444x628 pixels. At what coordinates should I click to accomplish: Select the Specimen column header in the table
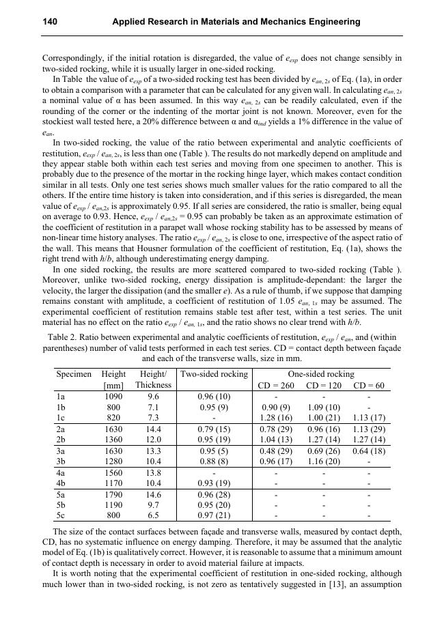74,374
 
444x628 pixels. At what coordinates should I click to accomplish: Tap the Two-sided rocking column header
214,374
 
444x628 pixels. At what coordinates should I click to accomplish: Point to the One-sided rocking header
321,374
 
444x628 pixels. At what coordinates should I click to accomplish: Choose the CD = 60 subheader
369,386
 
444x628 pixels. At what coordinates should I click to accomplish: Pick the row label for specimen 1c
61,417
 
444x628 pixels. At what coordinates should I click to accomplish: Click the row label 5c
61,515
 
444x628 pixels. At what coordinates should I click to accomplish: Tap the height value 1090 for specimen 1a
113,397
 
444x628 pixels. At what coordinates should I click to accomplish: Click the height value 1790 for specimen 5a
113,495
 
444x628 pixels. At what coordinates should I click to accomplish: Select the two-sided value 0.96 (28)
214,495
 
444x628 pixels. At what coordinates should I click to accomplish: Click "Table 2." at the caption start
65,337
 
